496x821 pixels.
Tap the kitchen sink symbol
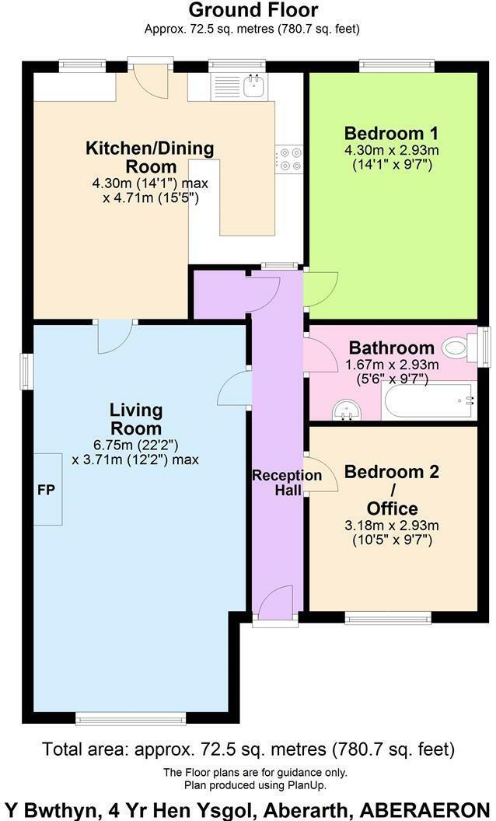coord(253,85)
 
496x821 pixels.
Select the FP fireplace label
coord(44,491)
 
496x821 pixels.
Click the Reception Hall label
coord(276,482)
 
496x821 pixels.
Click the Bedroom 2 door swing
coord(321,475)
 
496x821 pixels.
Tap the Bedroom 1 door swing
coord(320,288)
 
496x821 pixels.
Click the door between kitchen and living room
coord(115,336)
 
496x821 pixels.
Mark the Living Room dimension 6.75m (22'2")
coord(135,445)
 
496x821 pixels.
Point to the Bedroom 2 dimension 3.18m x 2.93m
coord(392,525)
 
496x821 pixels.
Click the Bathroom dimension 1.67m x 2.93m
coord(392,364)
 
